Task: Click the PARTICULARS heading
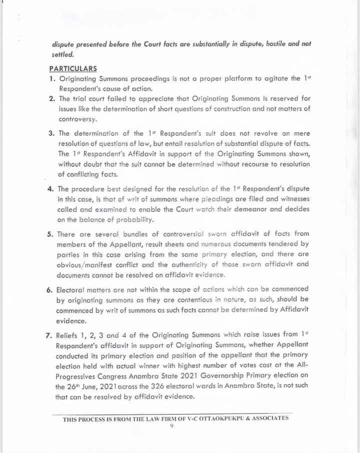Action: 73,68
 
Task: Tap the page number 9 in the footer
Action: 171,426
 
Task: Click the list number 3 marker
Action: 51,133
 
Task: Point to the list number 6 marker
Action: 51,289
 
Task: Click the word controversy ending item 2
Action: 77,119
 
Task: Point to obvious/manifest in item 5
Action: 87,265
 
